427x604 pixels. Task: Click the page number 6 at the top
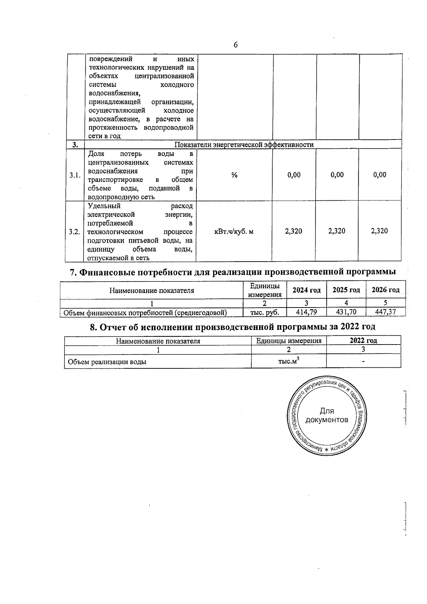(x=236, y=45)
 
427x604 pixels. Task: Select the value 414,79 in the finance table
(x=307, y=312)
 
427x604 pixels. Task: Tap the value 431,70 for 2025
(x=346, y=312)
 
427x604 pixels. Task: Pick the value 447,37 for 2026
(x=386, y=312)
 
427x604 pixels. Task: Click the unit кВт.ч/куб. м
(x=234, y=232)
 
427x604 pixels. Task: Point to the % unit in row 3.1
(x=234, y=175)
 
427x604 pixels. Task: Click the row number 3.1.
(x=75, y=175)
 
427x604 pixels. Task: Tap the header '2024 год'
(x=306, y=290)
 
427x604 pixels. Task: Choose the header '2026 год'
(x=385, y=290)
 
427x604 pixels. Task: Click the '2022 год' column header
(x=363, y=341)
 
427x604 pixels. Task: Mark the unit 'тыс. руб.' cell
(x=264, y=312)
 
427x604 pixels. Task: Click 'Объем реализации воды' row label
(x=107, y=362)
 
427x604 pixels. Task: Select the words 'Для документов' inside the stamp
(x=327, y=416)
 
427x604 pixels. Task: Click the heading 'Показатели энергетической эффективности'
(x=244, y=145)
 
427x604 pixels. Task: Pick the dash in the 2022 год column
(x=363, y=362)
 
